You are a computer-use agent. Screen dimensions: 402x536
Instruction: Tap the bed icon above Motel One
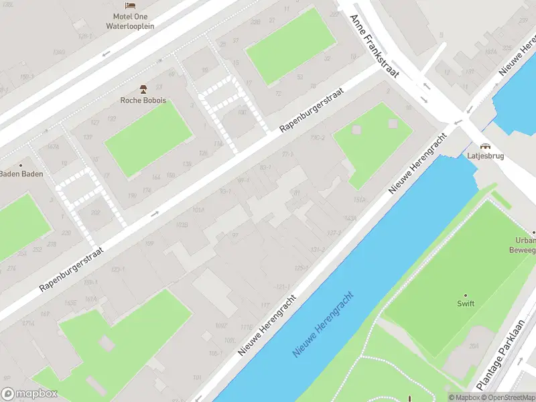(x=131, y=5)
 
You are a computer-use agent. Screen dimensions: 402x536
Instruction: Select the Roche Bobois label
(x=143, y=100)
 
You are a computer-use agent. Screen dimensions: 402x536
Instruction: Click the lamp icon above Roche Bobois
(x=143, y=88)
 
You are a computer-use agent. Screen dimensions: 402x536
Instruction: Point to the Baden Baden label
(x=21, y=174)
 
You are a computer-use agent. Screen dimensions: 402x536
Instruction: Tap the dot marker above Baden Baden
(x=21, y=165)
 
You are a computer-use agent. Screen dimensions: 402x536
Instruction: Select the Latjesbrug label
(x=484, y=156)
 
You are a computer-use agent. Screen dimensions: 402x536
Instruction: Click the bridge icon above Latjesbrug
(x=484, y=145)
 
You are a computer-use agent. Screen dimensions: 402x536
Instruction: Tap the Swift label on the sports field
(x=466, y=304)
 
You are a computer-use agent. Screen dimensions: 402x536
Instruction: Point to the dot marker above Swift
(x=466, y=295)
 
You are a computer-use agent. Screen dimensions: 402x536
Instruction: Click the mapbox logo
(x=29, y=394)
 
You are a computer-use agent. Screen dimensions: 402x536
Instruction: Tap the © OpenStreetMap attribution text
(x=507, y=397)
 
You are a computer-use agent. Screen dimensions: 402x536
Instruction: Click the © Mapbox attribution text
(x=464, y=397)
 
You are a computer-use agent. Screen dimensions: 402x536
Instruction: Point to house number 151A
(x=359, y=200)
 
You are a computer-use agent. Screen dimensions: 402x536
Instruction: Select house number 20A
(x=475, y=346)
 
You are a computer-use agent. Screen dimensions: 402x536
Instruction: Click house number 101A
(x=198, y=210)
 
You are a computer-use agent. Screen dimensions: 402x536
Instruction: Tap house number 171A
(x=27, y=324)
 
